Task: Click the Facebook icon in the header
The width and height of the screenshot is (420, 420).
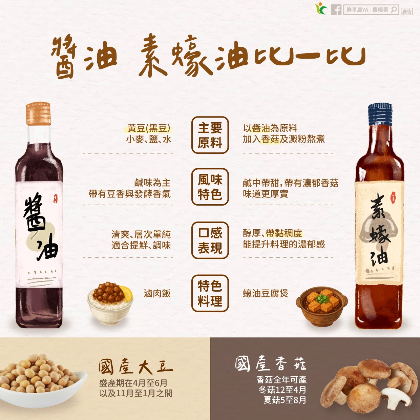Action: [x=336, y=9]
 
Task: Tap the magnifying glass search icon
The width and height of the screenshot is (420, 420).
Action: [x=394, y=9]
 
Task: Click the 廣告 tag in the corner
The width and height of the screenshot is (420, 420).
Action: [x=406, y=12]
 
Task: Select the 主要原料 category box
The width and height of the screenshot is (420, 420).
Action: [x=210, y=135]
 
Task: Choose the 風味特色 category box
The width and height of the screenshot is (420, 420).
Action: [x=210, y=187]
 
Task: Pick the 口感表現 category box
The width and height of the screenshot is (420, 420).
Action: [x=210, y=240]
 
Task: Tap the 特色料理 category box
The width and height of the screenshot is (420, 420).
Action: [x=210, y=293]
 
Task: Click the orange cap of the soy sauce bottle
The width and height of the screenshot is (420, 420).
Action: [x=38, y=114]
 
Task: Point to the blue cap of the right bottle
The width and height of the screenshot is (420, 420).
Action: [x=380, y=114]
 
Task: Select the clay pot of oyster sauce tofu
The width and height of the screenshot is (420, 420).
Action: [x=321, y=306]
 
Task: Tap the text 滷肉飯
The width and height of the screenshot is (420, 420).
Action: [x=157, y=293]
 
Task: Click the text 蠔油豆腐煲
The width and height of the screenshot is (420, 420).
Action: [x=266, y=293]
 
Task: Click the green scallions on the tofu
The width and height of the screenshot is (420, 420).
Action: [x=321, y=299]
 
